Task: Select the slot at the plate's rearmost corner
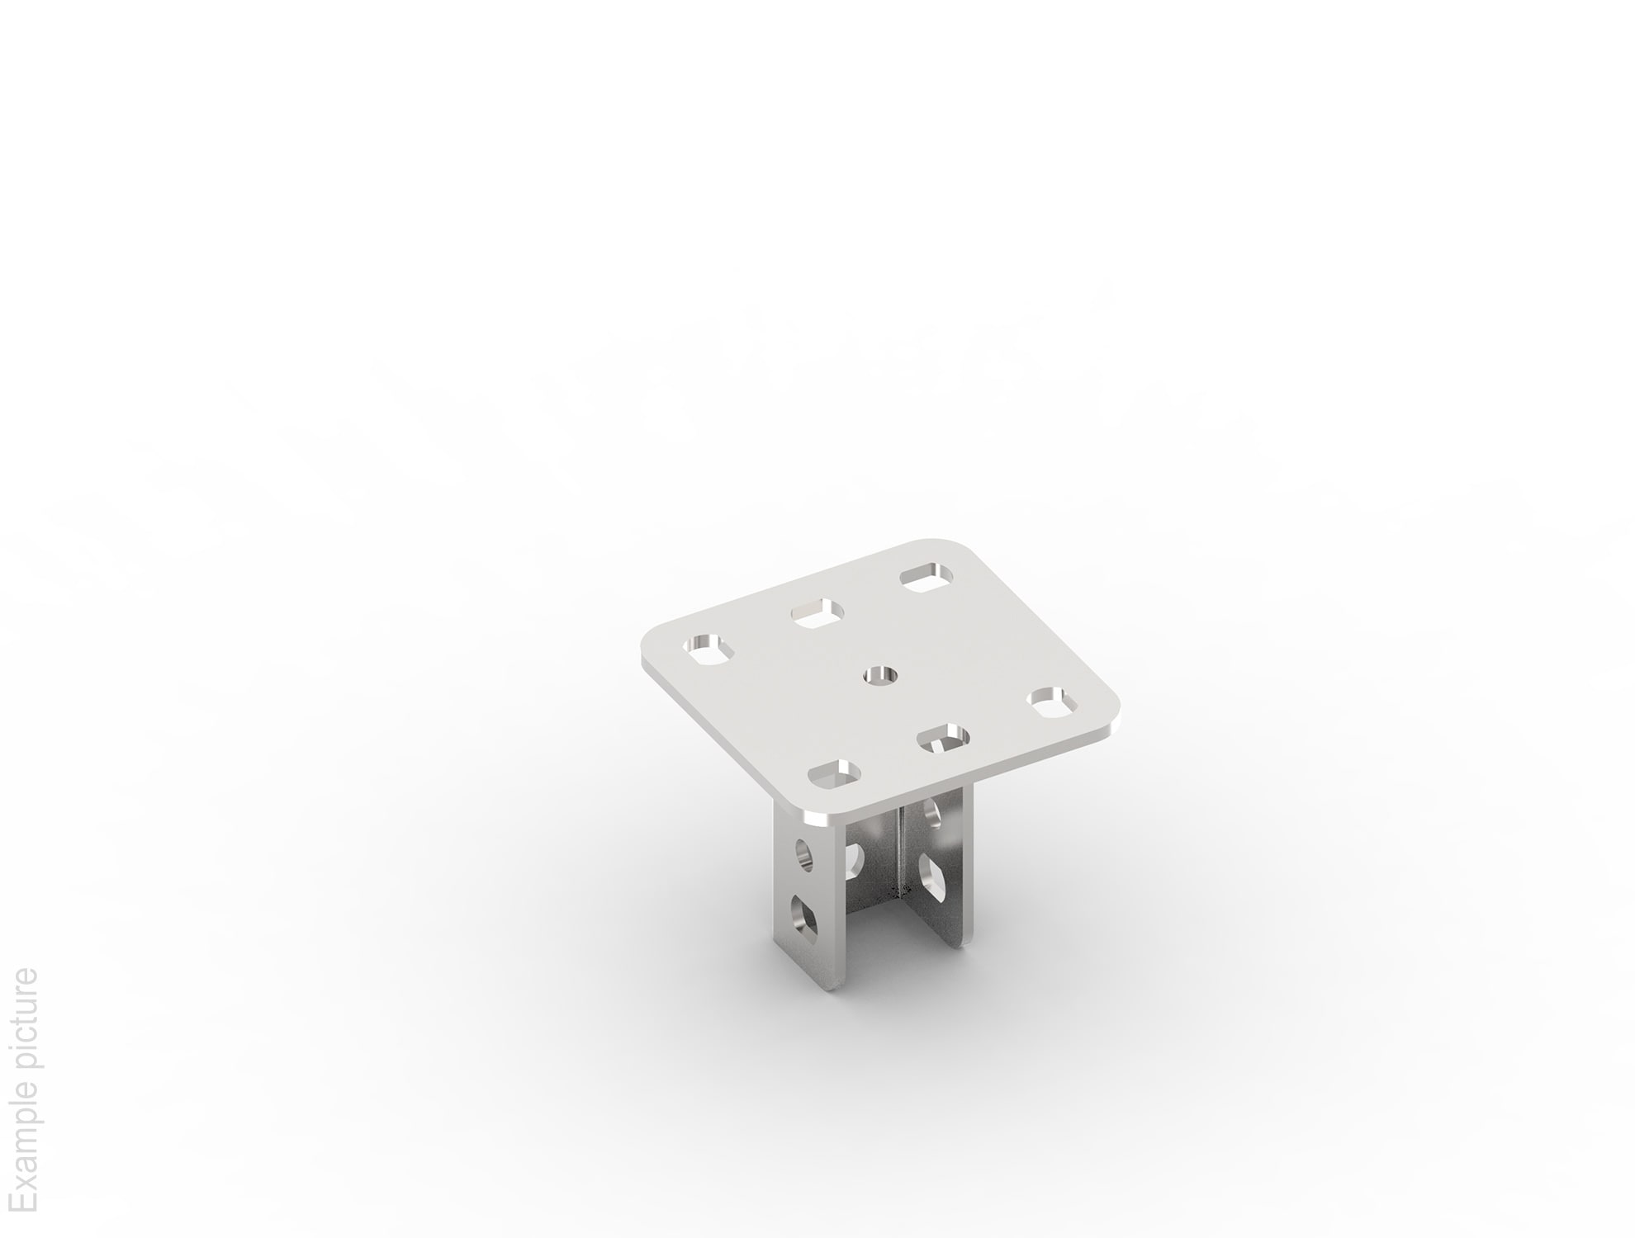(x=926, y=576)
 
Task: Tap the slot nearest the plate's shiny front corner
(x=834, y=774)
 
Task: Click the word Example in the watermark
(x=25, y=1151)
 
